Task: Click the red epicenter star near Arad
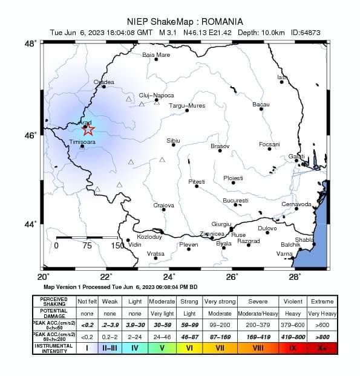click(x=88, y=129)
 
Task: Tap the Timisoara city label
click(x=82, y=141)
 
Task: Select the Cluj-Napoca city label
click(x=156, y=95)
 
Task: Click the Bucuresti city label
click(x=235, y=200)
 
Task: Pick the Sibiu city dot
click(x=174, y=145)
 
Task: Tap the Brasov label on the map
click(x=220, y=146)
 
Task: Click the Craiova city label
click(x=163, y=205)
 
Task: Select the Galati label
click(x=296, y=156)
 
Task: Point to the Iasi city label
click(x=281, y=77)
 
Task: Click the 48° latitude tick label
click(x=30, y=44)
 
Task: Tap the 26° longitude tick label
click(x=232, y=277)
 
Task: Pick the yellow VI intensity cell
click(x=189, y=348)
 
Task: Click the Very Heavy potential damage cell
click(x=322, y=314)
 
